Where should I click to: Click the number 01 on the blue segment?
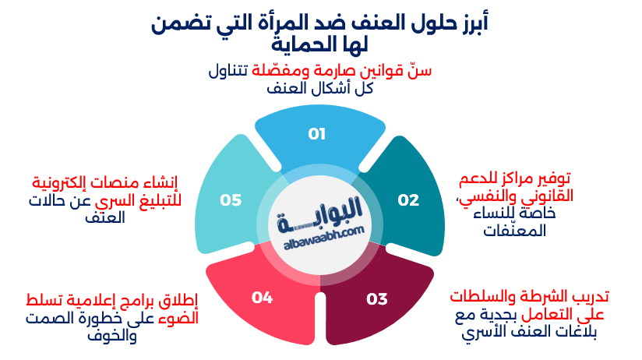click(316, 134)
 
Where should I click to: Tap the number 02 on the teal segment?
click(408, 199)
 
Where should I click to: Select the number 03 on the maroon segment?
click(376, 299)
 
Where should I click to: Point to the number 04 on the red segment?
click(262, 298)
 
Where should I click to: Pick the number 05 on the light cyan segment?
click(231, 199)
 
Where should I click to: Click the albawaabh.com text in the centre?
click(324, 238)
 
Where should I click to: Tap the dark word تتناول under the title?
click(228, 70)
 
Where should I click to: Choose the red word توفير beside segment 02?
click(552, 179)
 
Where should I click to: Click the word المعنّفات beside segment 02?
click(515, 230)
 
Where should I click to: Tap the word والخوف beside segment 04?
click(111, 337)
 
